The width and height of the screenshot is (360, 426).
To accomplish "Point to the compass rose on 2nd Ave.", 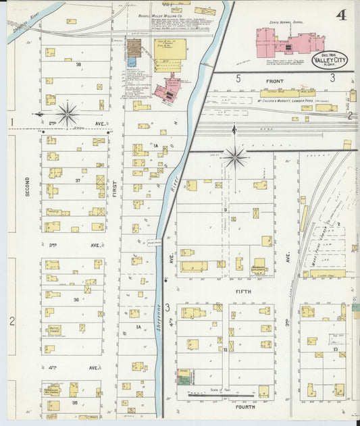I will pos(68,113).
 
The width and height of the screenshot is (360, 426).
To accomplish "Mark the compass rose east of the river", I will pos(235,157).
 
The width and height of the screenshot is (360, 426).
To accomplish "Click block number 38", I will pos(78,65).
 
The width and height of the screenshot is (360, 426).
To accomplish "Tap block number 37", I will pos(78,181).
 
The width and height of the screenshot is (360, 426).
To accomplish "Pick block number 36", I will pos(77,299).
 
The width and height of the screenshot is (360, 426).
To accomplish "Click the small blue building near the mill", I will pos(132,61).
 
